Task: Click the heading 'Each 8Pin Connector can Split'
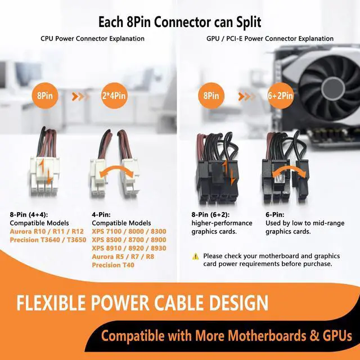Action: click(179, 22)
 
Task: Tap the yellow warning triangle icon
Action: click(196, 256)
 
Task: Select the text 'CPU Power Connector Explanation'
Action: click(92, 39)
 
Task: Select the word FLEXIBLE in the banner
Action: click(53, 303)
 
